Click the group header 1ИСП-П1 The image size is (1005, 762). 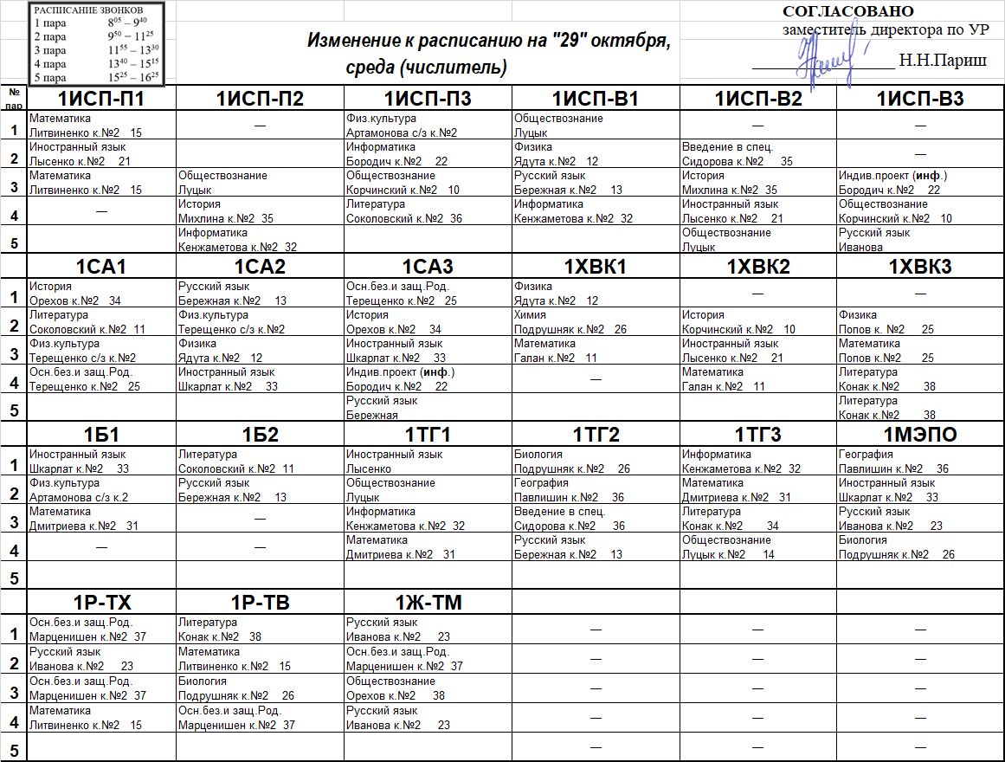[x=100, y=98]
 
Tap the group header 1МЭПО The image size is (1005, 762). [x=919, y=434]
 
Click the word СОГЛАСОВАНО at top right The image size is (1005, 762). [x=847, y=11]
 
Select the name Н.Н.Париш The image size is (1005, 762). [x=943, y=61]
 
